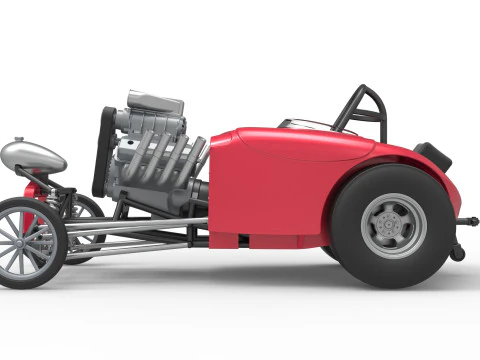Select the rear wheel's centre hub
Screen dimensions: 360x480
pyautogui.click(x=393, y=226)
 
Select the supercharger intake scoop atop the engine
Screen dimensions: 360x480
pyautogui.click(x=155, y=101)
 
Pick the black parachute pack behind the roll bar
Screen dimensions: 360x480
pyautogui.click(x=433, y=154)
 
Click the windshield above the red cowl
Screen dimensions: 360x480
pyautogui.click(x=305, y=123)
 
